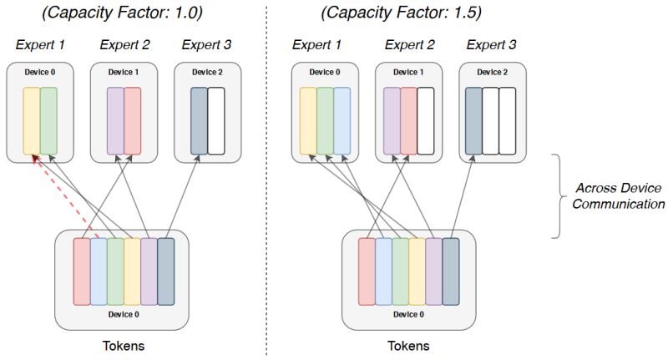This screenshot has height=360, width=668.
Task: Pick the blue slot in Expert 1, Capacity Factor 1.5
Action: pos(342,120)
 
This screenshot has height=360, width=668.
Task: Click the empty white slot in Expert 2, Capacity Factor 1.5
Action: pos(426,120)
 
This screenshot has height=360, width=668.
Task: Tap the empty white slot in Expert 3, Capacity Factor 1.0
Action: pos(216,120)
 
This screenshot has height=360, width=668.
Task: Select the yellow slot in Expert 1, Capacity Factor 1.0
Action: pos(31,120)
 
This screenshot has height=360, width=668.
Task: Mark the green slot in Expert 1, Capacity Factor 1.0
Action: pos(48,120)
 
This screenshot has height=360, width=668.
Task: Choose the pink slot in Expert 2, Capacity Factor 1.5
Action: pos(408,120)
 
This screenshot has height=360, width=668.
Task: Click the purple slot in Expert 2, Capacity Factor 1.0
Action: pos(115,120)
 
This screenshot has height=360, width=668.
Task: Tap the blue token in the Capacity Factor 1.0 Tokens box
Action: pos(99,271)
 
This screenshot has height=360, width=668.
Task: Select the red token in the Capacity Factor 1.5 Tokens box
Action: pos(367,271)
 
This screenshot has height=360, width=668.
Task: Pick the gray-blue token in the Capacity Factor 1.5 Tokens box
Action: pos(451,271)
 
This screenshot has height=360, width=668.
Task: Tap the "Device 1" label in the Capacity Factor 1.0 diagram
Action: pos(124,73)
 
